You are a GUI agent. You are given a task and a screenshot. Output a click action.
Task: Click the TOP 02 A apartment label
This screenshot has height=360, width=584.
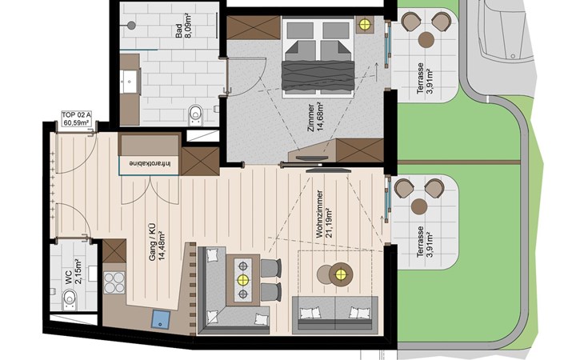point(76,118)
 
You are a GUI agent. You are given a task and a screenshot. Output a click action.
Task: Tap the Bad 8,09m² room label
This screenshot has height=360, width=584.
point(184,30)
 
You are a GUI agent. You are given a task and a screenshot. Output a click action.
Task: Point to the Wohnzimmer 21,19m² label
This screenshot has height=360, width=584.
point(324,214)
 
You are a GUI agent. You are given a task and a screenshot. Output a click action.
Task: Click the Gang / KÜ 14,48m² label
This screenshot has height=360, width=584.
point(157,242)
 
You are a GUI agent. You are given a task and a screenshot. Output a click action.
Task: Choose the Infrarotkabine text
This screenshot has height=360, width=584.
point(150,163)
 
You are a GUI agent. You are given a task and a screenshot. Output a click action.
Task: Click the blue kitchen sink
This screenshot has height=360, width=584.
point(161,319)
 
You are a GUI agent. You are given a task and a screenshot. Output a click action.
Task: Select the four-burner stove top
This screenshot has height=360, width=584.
point(114,282)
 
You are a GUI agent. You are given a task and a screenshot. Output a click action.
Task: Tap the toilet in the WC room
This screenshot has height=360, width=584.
point(70,298)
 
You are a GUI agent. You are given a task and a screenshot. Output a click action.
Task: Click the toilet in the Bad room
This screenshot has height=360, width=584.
point(195,114)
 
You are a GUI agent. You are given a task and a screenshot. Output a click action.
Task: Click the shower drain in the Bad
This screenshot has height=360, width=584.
point(131,26)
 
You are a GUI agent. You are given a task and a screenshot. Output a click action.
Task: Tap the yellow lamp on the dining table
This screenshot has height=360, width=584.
point(243,279)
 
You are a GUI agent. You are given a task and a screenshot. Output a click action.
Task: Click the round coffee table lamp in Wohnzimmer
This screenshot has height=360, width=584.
point(341,274)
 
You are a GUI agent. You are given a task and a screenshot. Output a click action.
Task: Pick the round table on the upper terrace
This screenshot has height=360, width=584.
point(426,40)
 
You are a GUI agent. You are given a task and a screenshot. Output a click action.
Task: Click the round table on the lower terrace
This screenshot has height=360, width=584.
point(419,206)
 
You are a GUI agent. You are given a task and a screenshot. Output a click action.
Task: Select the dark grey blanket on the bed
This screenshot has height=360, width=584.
point(318,75)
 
